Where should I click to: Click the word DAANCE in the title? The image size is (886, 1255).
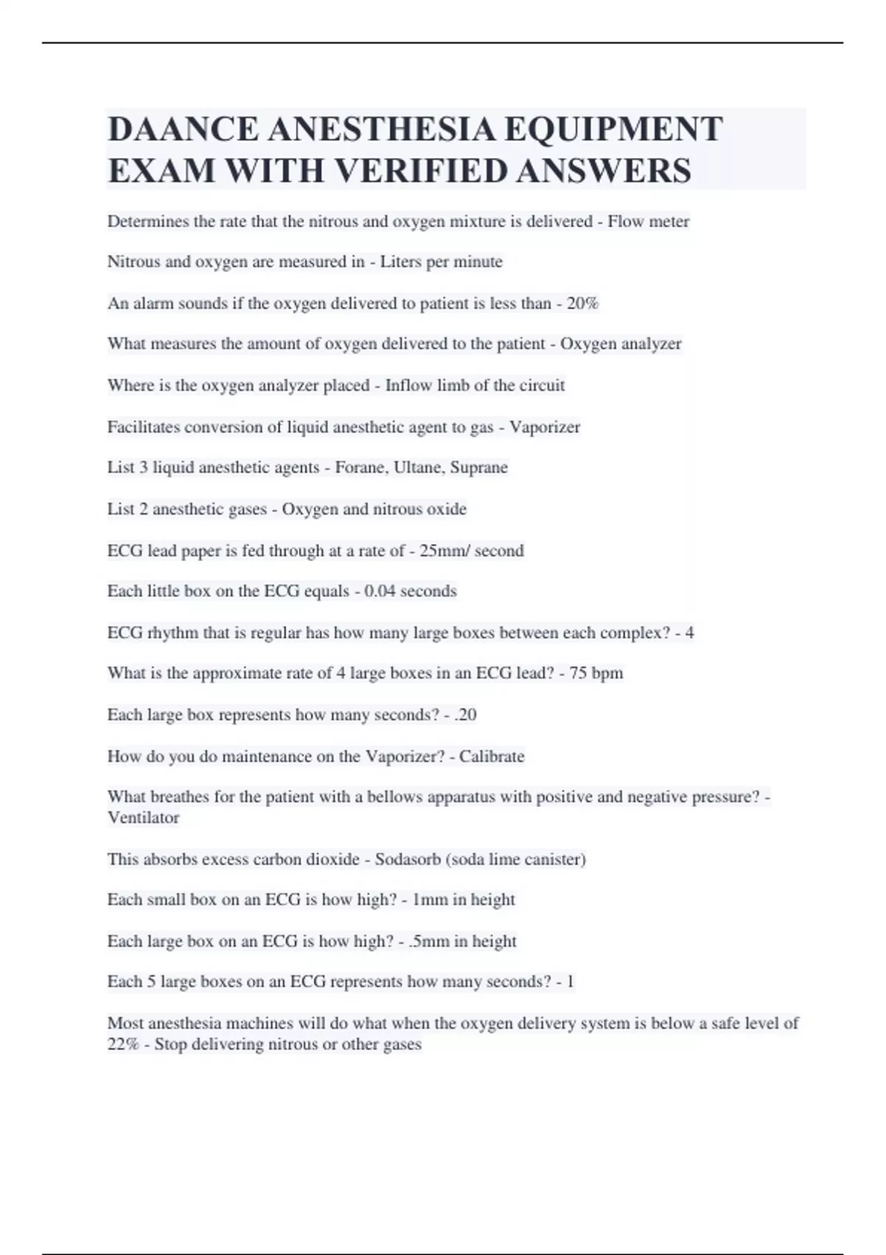182,129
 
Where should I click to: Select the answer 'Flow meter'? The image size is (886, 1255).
648,221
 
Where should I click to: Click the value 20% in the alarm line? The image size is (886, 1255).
583,303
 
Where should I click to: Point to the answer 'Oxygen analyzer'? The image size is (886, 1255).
620,344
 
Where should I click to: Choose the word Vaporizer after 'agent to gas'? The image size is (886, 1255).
545,427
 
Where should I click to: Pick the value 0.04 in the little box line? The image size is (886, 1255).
380,591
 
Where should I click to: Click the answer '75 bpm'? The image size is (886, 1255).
596,673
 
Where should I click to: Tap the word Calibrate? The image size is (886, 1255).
492,757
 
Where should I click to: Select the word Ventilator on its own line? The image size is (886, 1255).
143,818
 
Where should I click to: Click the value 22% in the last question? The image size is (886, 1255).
123,1045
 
